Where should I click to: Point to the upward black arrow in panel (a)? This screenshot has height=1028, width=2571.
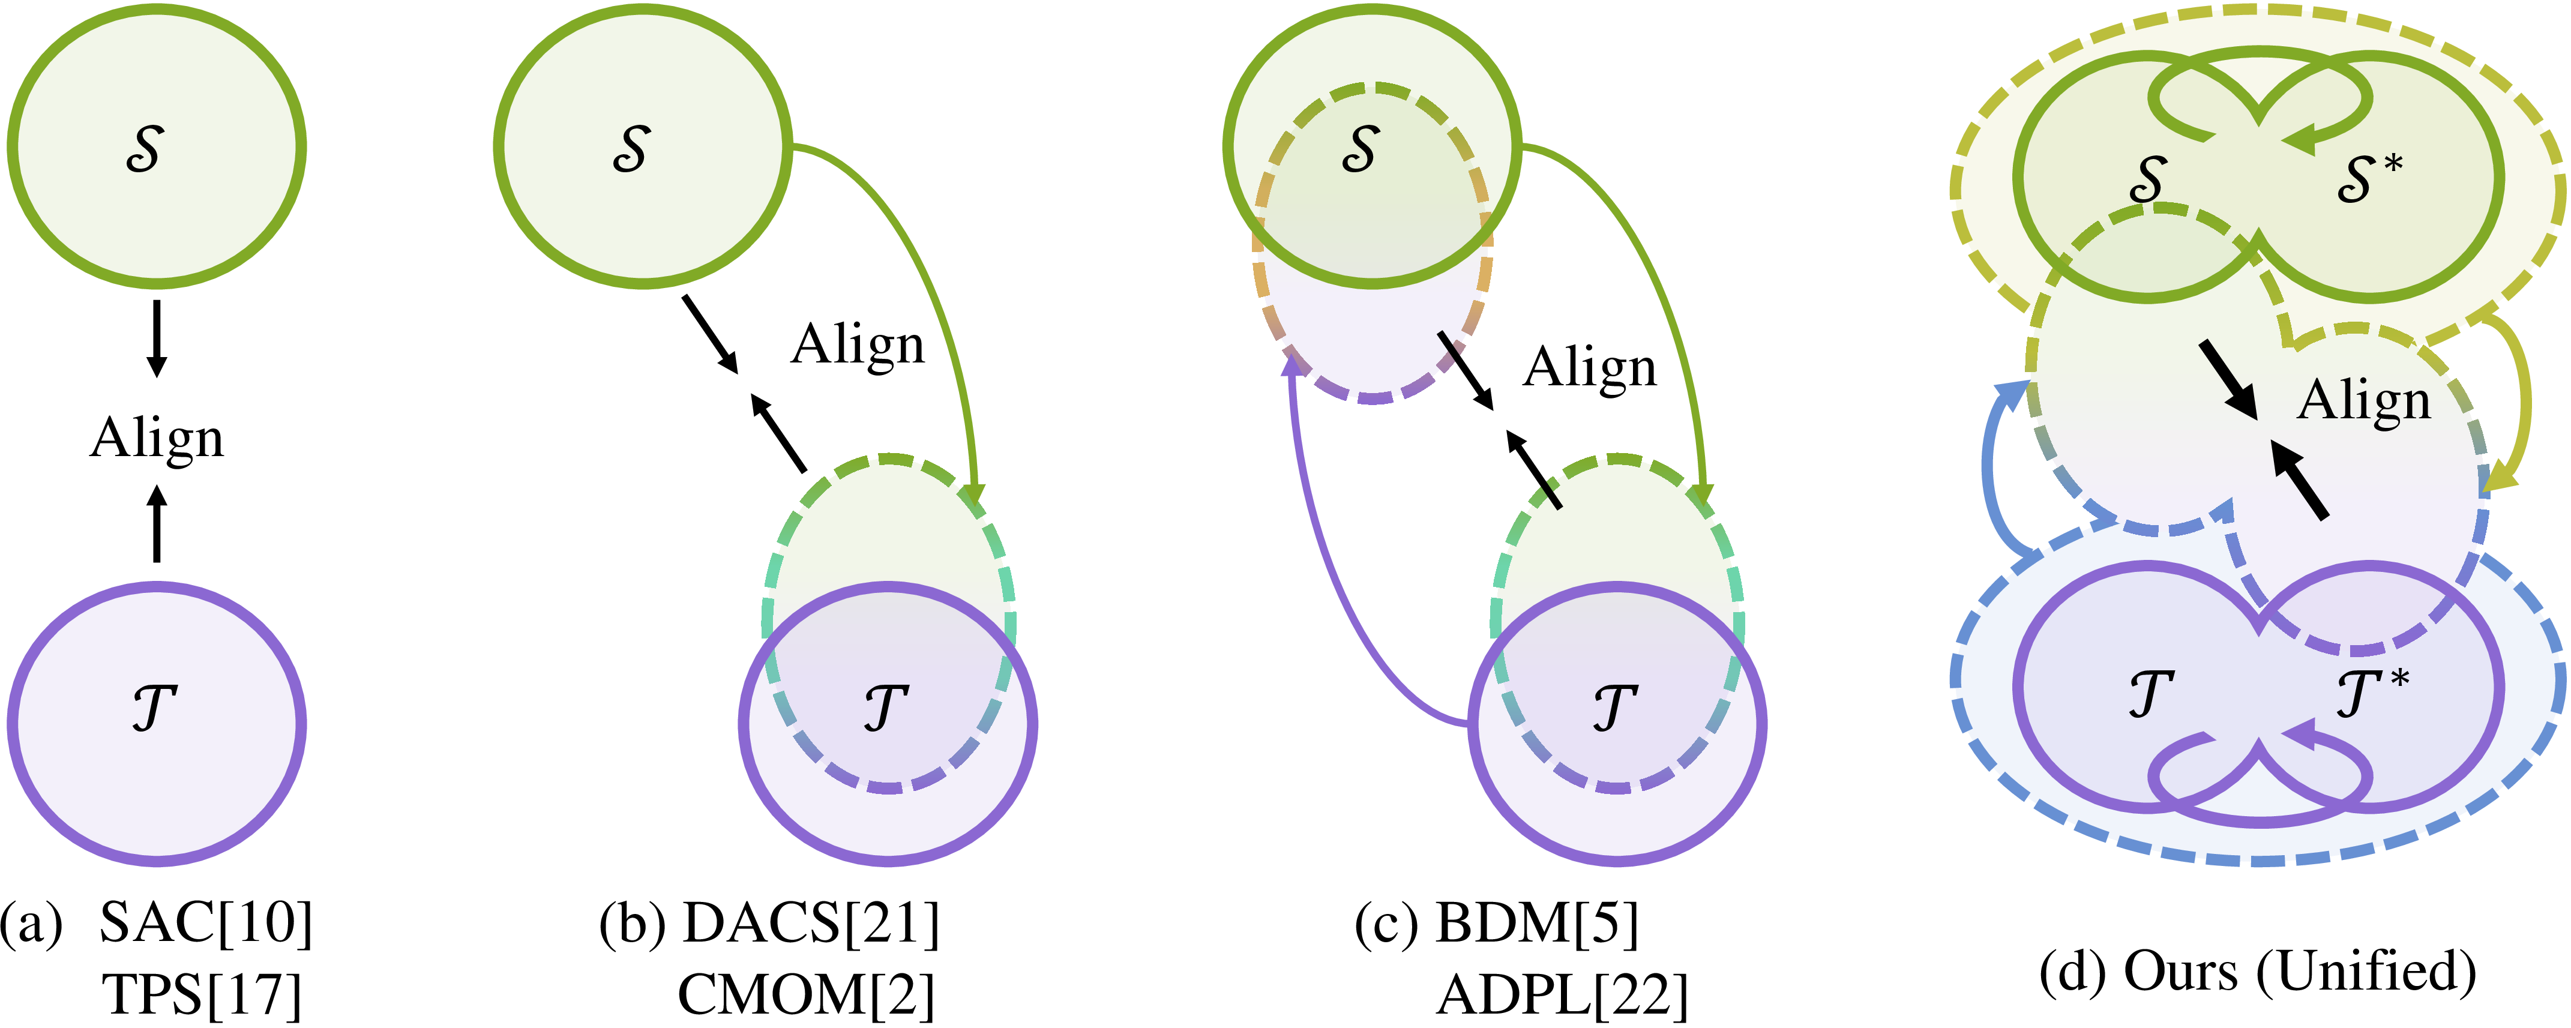(155, 523)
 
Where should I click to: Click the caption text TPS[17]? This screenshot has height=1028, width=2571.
(200, 994)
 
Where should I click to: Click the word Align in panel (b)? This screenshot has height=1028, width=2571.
(858, 345)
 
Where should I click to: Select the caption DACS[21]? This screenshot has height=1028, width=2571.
(810, 922)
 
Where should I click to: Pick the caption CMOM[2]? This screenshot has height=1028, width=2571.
(807, 994)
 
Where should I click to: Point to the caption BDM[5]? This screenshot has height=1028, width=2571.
(1537, 922)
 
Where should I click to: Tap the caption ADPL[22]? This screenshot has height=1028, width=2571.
(1562, 994)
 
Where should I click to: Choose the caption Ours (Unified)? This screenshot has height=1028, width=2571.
(2258, 971)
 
